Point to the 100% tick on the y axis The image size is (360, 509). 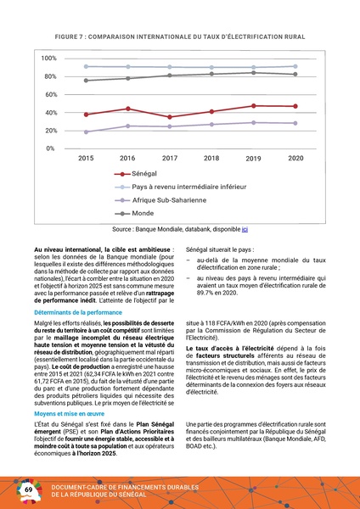[48, 58]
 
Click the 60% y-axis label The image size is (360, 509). [49, 94]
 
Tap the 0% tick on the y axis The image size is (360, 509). [51, 148]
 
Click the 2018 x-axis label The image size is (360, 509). [211, 159]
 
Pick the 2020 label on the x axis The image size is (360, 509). [295, 159]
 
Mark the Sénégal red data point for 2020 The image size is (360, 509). [295, 106]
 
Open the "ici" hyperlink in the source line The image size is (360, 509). [245, 229]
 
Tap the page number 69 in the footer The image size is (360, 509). [28, 490]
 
